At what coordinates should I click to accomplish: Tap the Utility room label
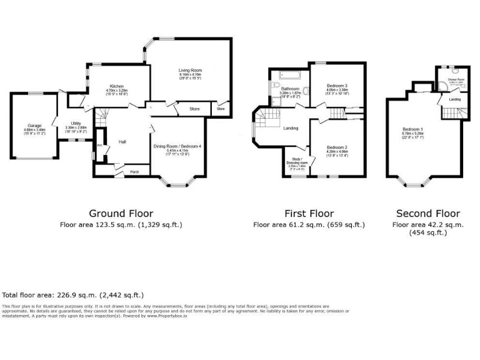point(76,123)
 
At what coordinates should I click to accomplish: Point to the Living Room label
point(187,71)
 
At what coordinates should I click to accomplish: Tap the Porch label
point(134,171)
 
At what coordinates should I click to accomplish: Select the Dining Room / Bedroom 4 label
point(179,146)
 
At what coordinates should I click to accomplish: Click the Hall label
point(123,142)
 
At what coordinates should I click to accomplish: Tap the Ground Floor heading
point(121,213)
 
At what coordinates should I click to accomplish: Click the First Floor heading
point(309,213)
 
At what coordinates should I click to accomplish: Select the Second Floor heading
point(427,213)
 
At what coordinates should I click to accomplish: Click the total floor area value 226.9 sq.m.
point(94,294)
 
